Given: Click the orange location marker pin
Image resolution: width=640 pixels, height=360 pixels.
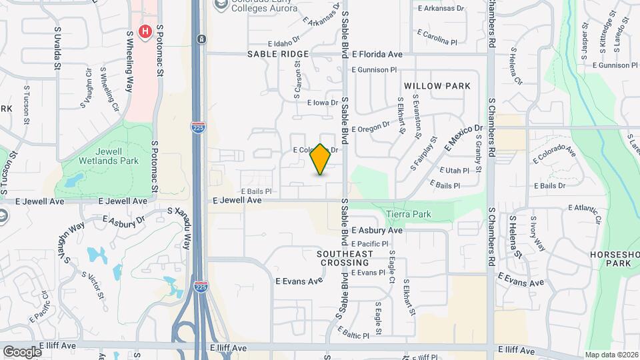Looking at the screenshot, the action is (x=321, y=159).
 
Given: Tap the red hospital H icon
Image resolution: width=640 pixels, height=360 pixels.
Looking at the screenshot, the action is (x=144, y=31).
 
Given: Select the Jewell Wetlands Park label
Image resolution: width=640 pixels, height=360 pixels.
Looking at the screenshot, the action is (x=107, y=156).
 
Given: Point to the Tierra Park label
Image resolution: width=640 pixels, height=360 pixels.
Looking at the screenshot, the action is (x=408, y=214).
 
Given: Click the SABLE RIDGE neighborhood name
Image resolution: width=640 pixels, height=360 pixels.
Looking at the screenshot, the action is (x=278, y=54).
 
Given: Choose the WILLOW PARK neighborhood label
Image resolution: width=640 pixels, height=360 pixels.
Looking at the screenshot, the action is (x=437, y=86).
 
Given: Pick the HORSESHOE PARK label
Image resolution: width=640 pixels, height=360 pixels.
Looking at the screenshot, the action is (x=614, y=259).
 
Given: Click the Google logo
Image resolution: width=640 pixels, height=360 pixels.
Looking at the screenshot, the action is (x=23, y=351).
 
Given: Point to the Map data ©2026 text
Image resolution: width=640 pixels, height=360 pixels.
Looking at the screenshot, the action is (x=611, y=355).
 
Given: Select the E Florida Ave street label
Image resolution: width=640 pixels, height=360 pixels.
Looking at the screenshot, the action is (x=377, y=54).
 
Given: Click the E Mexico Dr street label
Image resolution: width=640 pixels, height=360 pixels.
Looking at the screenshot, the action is (x=459, y=137).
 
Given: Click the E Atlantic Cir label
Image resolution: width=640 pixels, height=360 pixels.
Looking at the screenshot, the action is (x=587, y=214).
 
